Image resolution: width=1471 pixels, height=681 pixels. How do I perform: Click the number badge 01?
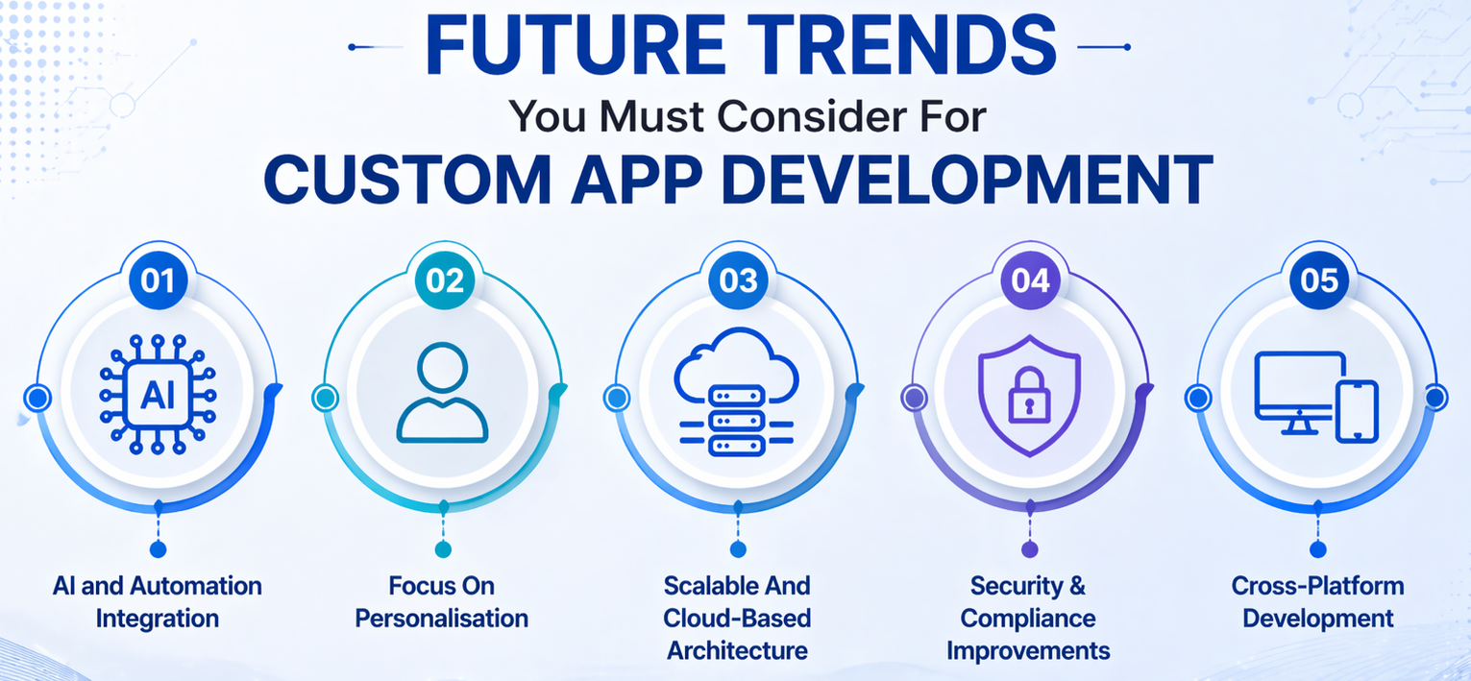pos(158,281)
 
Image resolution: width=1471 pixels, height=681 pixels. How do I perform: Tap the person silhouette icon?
pos(443,394)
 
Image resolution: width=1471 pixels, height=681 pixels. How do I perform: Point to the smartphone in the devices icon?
pos(1357,410)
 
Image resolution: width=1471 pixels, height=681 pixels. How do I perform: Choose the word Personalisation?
pos(442,618)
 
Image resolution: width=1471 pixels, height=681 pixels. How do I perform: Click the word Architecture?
pos(737,649)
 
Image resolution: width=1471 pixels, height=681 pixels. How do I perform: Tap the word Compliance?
pos(1028,618)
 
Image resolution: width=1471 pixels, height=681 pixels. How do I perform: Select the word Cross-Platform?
pos(1317,586)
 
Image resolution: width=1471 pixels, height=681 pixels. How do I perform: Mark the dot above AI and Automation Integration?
pos(158,549)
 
